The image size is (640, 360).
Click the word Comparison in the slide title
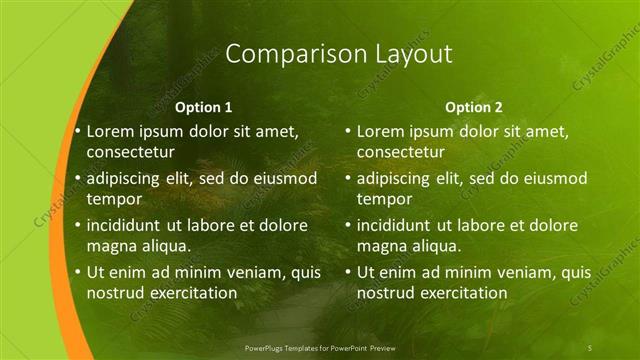tap(283, 55)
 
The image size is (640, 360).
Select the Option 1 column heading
tap(204, 107)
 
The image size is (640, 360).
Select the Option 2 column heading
tap(474, 107)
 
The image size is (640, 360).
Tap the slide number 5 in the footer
tap(590, 347)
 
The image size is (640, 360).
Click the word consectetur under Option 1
tap(131, 153)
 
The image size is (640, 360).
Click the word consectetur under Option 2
tap(401, 153)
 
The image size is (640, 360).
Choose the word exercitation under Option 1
tap(191, 294)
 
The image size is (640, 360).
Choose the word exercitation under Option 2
tap(461, 294)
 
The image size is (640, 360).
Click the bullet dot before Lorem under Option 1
tap(77, 131)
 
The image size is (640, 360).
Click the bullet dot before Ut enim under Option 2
tap(347, 272)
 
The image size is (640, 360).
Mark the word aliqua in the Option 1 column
tap(166, 247)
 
